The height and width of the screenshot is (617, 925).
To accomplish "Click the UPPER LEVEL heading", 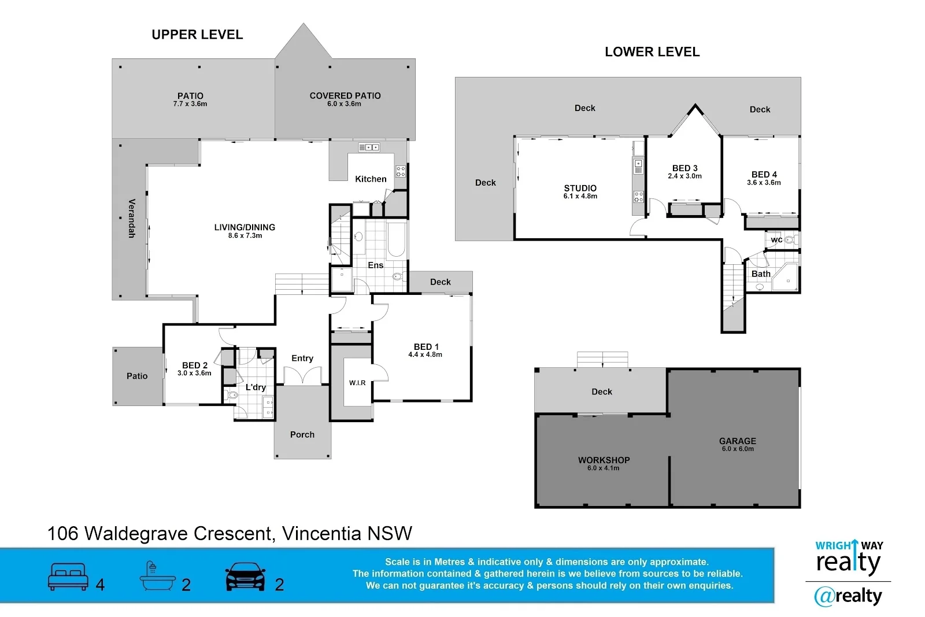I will pos(197,35).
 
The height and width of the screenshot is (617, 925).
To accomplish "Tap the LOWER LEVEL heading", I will pos(652,52).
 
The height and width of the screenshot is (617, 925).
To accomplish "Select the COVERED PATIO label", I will pos(345,95).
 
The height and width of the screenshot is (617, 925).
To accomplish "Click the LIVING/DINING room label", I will pos(245,227).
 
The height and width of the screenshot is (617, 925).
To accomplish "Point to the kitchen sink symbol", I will pos(369,147).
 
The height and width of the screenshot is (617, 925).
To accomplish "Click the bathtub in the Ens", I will pos(396,239).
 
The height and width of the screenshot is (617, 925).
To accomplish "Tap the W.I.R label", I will pos(357,383).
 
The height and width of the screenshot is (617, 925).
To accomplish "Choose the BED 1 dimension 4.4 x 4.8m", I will pos(425,355).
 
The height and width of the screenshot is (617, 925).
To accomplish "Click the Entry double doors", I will pos(302,377).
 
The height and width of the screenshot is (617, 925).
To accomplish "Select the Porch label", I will pos(302,435).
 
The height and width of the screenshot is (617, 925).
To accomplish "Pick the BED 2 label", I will pos(195,365).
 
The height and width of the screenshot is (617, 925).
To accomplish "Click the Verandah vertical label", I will pos(132,218).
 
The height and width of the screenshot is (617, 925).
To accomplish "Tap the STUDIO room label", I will pos(580,188).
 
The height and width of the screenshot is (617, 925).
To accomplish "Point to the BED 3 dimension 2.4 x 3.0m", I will pos(684,176).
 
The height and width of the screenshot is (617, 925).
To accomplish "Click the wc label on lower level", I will pos(776,240).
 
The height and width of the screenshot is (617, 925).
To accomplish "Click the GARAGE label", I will pos(738,441).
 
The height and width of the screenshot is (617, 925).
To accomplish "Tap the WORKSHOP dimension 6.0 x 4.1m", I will pos(604,468).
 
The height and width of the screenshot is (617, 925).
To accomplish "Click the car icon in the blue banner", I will pos(245,577).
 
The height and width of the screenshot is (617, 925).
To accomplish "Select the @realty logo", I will pos(848,596).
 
